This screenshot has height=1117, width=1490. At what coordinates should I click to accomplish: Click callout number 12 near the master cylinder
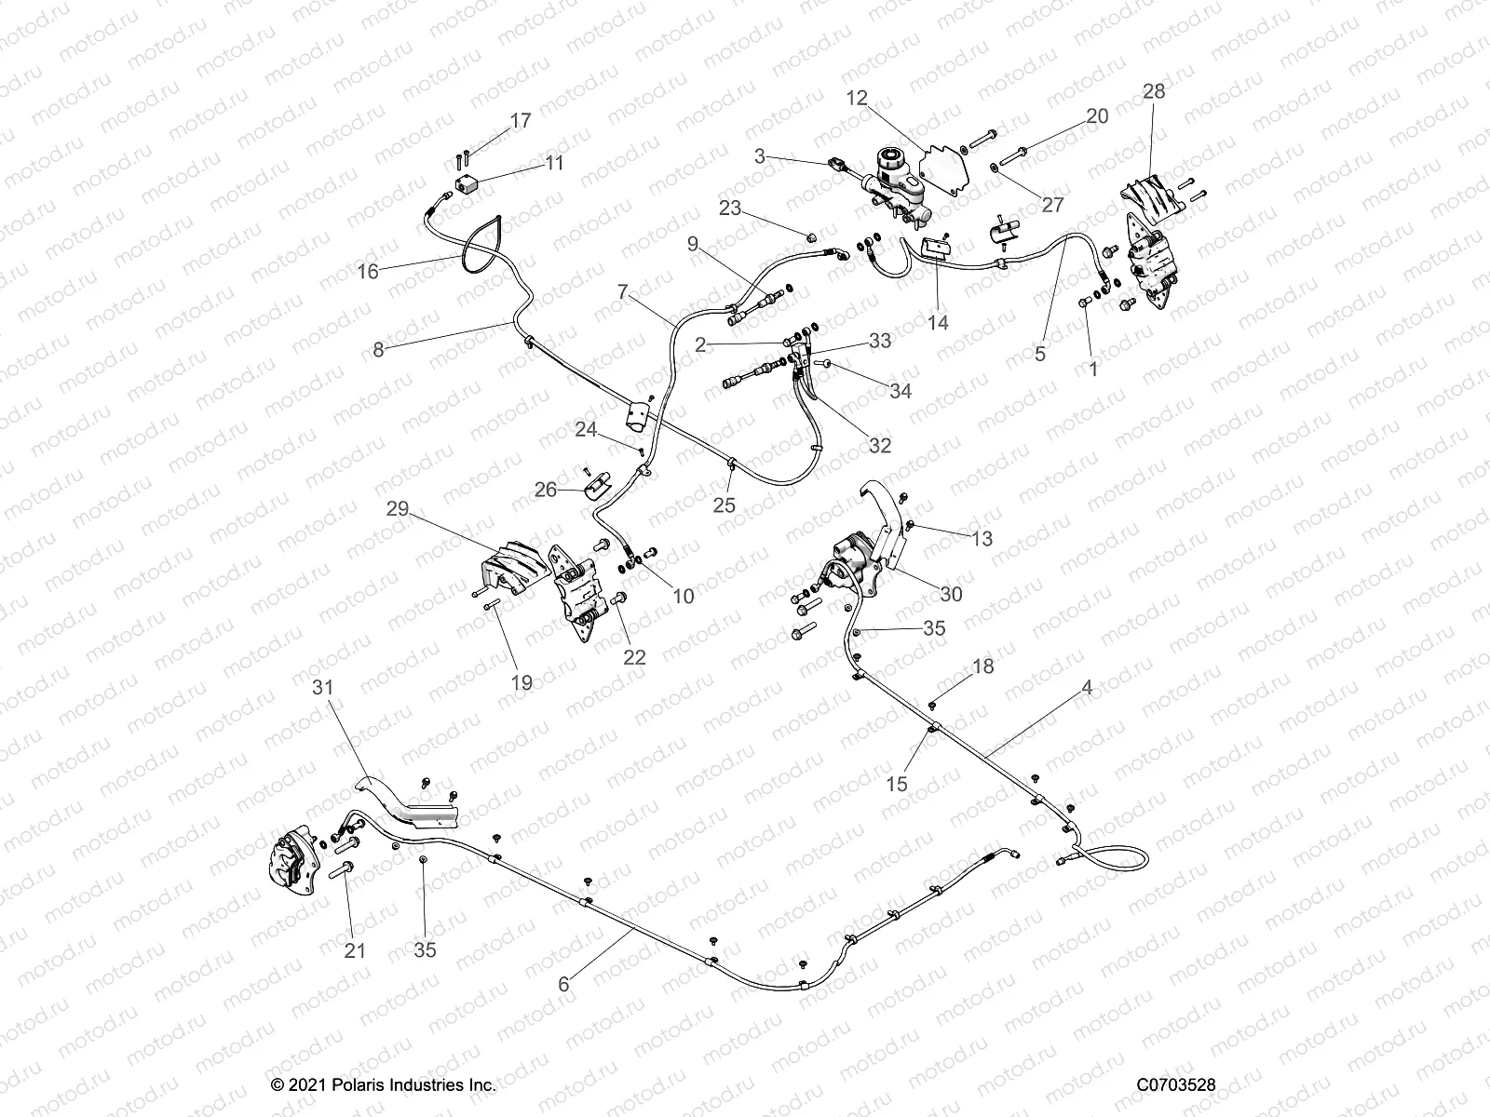point(857,97)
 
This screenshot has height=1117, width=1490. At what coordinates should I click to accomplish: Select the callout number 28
point(1154,91)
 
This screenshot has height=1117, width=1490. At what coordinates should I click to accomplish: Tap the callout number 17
point(521,120)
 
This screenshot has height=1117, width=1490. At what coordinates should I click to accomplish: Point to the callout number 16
point(368,271)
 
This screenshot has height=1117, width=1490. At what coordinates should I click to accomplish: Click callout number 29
point(398,509)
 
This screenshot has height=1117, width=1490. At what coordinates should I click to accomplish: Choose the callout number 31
point(321,686)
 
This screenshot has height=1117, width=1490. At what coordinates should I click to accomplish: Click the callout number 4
point(1087,688)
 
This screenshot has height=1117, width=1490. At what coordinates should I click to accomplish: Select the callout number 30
point(952,594)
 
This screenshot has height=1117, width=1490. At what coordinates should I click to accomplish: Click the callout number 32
point(879,445)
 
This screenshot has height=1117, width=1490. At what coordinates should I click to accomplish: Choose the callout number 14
point(938,322)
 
